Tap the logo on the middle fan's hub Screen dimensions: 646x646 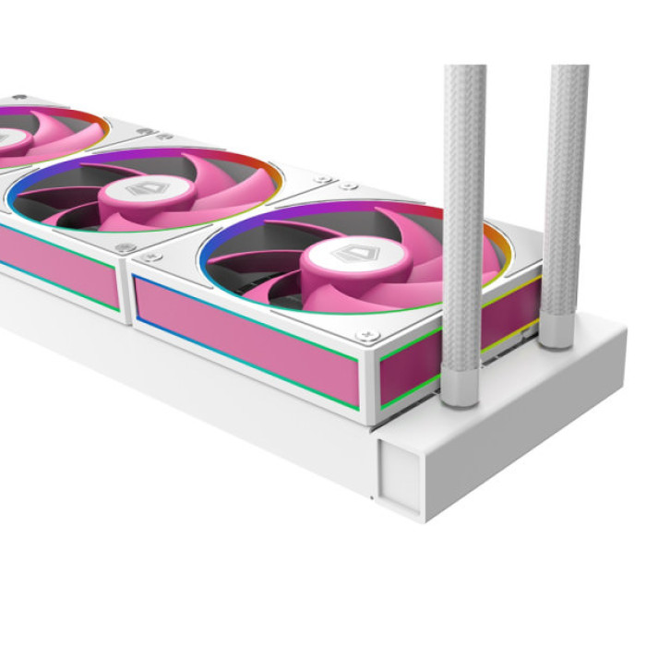click(x=142, y=189)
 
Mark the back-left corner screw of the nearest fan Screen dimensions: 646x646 click(x=347, y=185)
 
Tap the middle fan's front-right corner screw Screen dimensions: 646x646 click(x=126, y=247)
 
